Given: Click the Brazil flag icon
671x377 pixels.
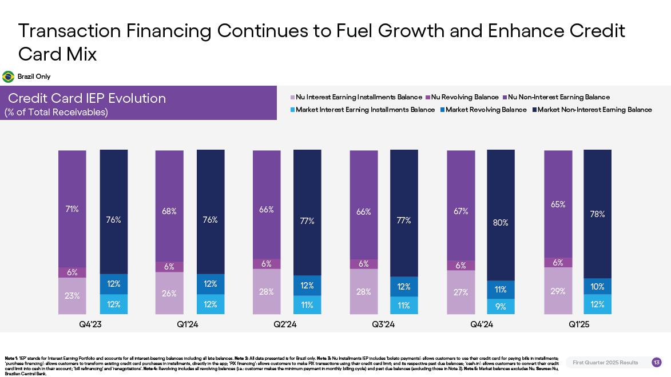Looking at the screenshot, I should click(9, 77).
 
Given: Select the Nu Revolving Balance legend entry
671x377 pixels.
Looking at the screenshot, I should click(462, 97).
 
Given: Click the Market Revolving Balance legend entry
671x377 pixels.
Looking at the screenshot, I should click(483, 110).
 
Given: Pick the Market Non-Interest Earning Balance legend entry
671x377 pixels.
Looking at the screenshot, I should click(592, 110).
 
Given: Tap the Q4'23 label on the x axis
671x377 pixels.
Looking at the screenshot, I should click(90, 324).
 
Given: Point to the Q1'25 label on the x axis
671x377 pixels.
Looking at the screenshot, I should click(579, 324).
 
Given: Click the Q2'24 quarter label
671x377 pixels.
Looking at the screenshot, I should click(285, 324).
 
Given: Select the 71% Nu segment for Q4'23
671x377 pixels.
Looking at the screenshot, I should click(72, 209).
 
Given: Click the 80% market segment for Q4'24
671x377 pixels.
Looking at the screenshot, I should click(501, 222).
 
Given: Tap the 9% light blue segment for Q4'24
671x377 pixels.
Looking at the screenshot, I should click(501, 307).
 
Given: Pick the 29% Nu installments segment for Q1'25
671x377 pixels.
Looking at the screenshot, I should click(558, 291).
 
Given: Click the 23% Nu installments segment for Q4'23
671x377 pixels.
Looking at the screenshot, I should click(72, 296).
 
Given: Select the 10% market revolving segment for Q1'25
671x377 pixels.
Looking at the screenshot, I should click(597, 287).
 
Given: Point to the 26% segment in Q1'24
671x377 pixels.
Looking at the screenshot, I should click(169, 294).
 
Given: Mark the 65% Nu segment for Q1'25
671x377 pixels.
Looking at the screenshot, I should click(558, 204).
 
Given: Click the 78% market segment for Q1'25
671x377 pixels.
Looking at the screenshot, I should click(597, 214).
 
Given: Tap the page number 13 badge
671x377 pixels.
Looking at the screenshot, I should click(657, 363).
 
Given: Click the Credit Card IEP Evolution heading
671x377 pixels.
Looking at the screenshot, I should click(87, 98).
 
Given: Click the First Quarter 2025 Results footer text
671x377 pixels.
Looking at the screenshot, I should click(605, 363).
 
